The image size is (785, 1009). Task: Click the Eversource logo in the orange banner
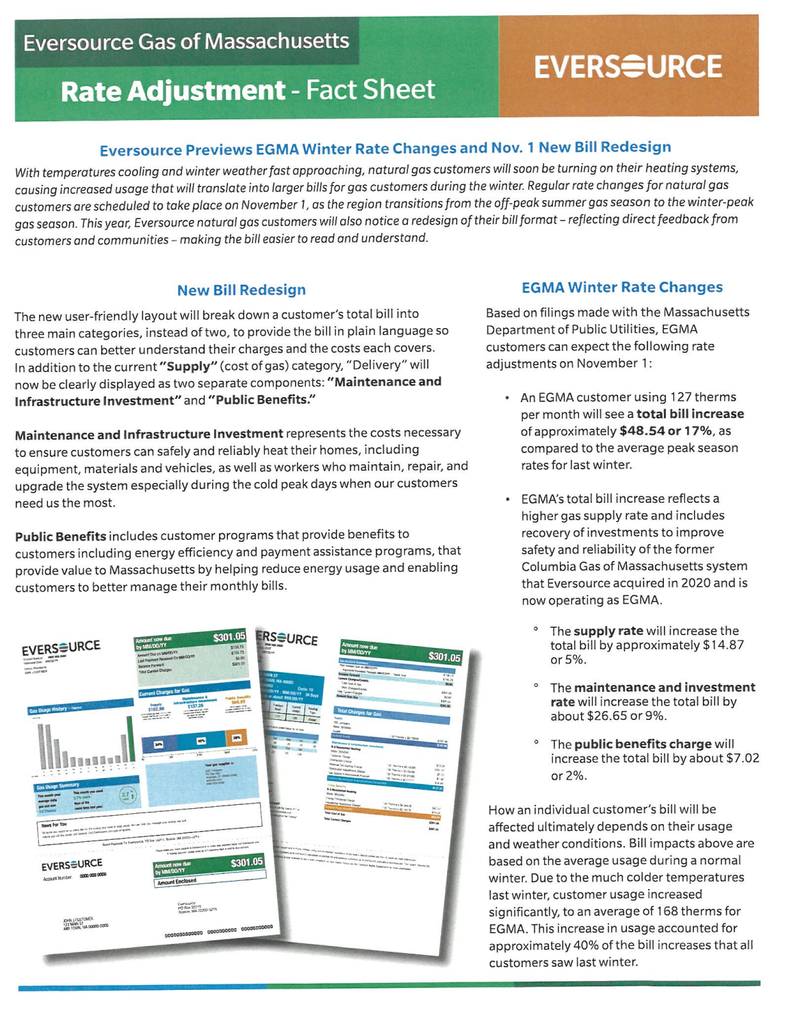(x=628, y=66)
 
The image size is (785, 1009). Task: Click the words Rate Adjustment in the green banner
(x=172, y=91)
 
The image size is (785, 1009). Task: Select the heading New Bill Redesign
(x=241, y=290)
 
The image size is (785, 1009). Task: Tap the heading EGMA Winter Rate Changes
(x=621, y=287)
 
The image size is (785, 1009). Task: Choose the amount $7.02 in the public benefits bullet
(x=742, y=758)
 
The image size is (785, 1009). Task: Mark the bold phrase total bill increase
(x=690, y=414)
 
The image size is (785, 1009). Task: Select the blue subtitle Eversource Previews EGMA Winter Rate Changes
(x=385, y=148)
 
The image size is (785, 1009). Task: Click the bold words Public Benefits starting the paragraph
(x=60, y=536)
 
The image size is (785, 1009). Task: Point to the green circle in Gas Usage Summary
(x=128, y=795)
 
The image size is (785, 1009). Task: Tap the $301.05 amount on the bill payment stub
(x=246, y=862)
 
